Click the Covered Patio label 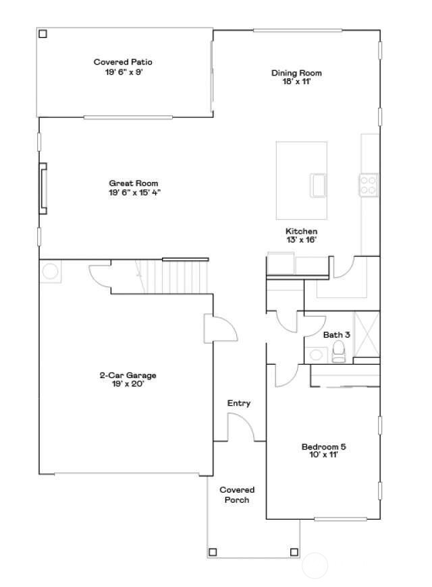(123, 67)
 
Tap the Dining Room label (296, 77)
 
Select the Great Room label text (134, 183)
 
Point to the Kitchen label (301, 235)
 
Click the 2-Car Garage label (128, 379)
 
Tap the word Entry (238, 403)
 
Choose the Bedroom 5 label (323, 451)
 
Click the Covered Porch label (237, 495)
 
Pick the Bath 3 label (336, 335)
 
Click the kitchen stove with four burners (369, 185)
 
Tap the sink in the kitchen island (318, 185)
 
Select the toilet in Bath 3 (338, 352)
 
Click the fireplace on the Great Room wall (43, 188)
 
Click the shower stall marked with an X (367, 334)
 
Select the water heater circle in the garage (50, 271)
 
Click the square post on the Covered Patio (43, 34)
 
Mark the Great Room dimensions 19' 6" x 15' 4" (134, 193)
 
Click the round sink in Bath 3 (316, 354)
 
